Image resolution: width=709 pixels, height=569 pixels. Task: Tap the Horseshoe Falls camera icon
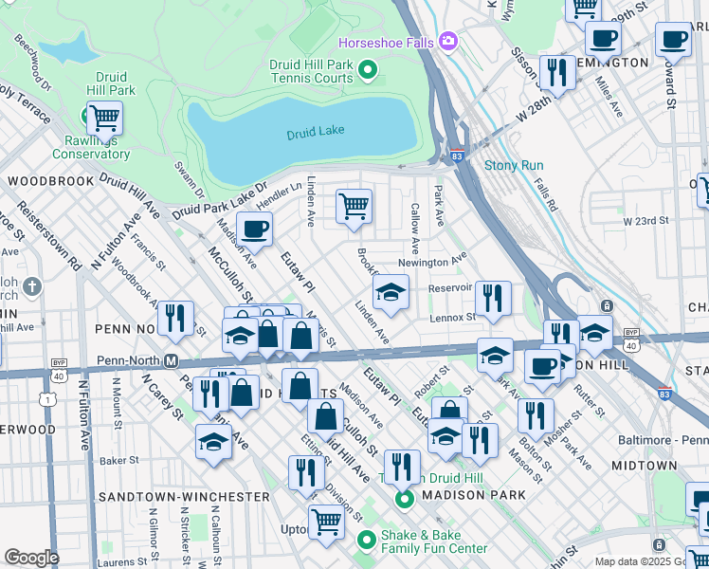tap(447, 42)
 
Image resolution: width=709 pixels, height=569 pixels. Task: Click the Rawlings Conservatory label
tap(91, 147)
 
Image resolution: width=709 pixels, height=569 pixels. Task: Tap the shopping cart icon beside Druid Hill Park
tap(104, 119)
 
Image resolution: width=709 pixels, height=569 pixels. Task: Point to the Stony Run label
tap(513, 165)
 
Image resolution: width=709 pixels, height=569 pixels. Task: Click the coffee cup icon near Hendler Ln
tap(253, 229)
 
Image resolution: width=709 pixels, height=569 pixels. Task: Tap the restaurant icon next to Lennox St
tap(493, 299)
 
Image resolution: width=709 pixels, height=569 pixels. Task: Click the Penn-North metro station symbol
tap(172, 360)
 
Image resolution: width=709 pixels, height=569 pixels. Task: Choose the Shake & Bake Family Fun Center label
tap(433, 541)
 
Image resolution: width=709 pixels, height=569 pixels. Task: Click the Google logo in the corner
tap(31, 558)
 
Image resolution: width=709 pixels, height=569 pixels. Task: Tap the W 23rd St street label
tap(646, 221)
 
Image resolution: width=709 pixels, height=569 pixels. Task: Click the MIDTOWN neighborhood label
tap(644, 466)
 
